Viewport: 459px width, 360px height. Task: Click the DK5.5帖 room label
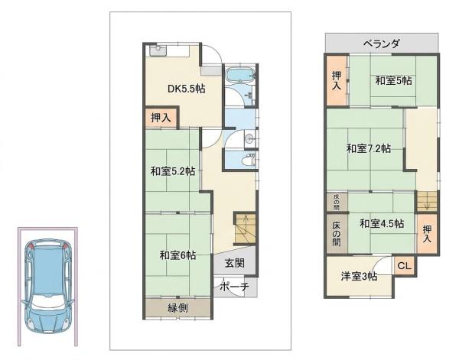(186, 89)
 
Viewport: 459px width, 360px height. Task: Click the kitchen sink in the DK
(158, 50)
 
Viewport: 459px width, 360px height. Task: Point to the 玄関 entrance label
(235, 263)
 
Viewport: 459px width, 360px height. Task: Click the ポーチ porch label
(234, 287)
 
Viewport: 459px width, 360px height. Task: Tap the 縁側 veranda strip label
(177, 308)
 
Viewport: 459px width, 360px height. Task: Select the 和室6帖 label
(177, 255)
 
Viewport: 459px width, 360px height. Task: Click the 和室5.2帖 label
(173, 171)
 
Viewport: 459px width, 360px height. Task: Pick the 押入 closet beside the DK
(161, 118)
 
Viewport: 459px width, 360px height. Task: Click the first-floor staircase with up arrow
(245, 228)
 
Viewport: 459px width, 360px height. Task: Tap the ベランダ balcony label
(381, 44)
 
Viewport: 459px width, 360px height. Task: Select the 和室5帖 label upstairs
(393, 80)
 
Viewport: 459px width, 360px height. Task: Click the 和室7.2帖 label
(369, 148)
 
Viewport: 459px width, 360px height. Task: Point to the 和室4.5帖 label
(382, 224)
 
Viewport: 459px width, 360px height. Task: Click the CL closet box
(404, 266)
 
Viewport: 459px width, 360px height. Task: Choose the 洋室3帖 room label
(359, 277)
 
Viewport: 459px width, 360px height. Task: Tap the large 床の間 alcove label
(337, 234)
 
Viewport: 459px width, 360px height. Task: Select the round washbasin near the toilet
(249, 139)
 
